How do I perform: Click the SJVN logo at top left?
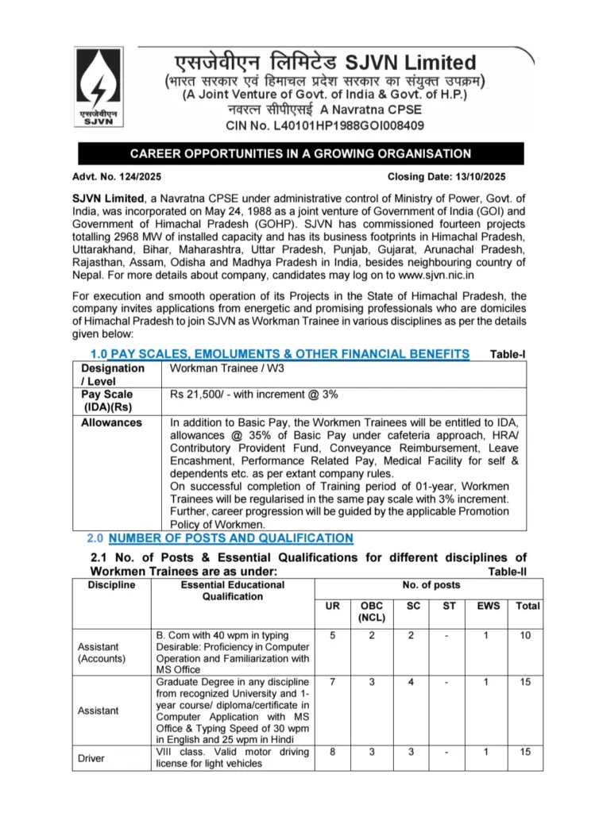[96, 86]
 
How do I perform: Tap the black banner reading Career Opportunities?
[299, 154]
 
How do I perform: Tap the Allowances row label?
[111, 422]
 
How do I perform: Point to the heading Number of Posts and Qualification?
[230, 538]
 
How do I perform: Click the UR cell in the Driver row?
[333, 752]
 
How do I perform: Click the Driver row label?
[91, 758]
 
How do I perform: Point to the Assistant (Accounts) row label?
[101, 653]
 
